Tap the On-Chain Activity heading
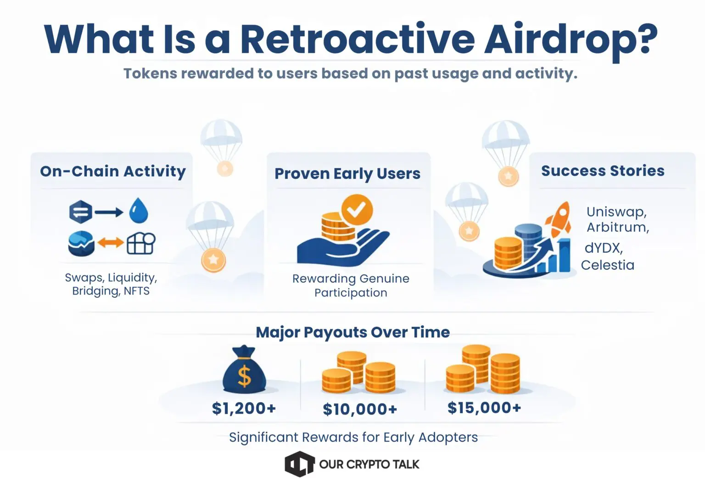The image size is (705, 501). tap(113, 171)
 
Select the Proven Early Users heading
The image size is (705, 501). tap(347, 174)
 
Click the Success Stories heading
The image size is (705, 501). tap(603, 171)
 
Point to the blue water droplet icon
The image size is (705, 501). tap(139, 211)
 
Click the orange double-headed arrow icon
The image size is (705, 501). tap(111, 243)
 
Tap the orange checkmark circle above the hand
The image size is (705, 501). tap(357, 210)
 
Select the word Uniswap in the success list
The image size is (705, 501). tap(616, 212)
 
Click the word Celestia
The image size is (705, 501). tap(607, 265)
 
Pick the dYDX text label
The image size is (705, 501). tap(603, 248)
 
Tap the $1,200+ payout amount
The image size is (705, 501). tap(244, 408)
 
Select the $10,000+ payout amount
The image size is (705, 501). tap(360, 409)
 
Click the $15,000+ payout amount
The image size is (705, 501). tap(484, 408)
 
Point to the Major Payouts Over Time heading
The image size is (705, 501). tap(352, 332)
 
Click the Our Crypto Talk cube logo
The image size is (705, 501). tap(299, 464)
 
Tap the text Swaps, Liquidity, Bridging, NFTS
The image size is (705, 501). tap(111, 284)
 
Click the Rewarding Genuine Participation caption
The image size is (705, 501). tap(351, 285)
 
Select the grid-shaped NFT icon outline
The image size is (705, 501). tap(140, 243)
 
